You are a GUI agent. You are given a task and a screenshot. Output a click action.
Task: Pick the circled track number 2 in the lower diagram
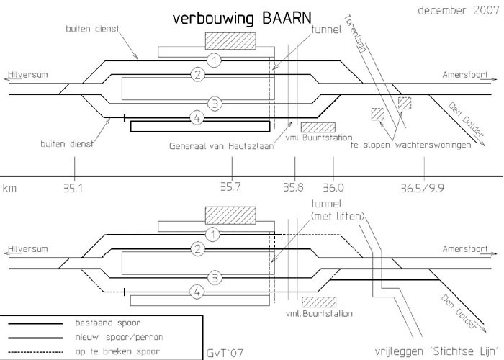[x=196, y=250]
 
